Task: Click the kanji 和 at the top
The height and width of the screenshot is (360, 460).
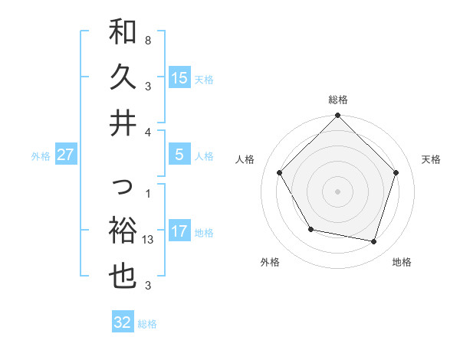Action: click(123, 32)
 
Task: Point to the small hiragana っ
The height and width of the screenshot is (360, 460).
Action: click(123, 186)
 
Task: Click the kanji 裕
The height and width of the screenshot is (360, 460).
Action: click(123, 231)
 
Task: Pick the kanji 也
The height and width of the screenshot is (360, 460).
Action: click(123, 277)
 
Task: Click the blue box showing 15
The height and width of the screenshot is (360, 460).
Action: click(179, 77)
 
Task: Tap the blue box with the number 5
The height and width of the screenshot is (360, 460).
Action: click(179, 155)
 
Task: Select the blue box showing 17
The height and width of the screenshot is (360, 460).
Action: click(179, 231)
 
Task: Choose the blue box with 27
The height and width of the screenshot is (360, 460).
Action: click(66, 155)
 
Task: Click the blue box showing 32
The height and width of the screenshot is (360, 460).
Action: click(123, 322)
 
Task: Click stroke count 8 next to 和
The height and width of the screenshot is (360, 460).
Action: click(148, 38)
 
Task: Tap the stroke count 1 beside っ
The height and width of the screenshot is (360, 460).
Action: click(148, 193)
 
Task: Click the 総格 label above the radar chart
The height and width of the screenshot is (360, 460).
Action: click(338, 100)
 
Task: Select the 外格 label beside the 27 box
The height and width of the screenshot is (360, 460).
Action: click(41, 155)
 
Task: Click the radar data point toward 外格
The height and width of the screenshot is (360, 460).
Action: click(310, 229)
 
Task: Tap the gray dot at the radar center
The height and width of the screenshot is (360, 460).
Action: click(338, 191)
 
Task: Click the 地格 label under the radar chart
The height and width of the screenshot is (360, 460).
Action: click(402, 262)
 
